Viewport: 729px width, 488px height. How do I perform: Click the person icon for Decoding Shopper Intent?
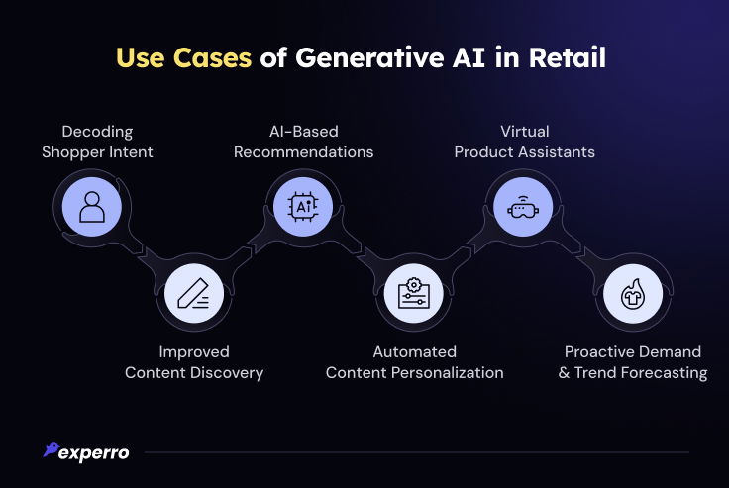(x=92, y=207)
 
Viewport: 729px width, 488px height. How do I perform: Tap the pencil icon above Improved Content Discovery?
(x=194, y=293)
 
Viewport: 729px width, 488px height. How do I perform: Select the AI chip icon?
(x=303, y=206)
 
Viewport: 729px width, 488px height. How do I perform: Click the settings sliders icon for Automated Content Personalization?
(x=414, y=293)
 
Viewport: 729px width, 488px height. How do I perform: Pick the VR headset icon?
(x=523, y=207)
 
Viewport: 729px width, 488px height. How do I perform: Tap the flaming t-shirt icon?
(x=633, y=294)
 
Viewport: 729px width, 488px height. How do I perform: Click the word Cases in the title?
(x=212, y=57)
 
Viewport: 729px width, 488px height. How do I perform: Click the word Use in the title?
(x=140, y=57)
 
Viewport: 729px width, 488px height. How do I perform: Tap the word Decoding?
(x=97, y=132)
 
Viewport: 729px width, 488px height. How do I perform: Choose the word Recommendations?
(x=304, y=152)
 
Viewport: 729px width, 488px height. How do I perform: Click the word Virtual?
(x=524, y=131)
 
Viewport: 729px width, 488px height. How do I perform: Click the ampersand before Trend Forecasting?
(x=564, y=373)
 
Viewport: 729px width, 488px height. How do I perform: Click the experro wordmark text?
(x=94, y=453)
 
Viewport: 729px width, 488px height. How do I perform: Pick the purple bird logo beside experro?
(x=51, y=449)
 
